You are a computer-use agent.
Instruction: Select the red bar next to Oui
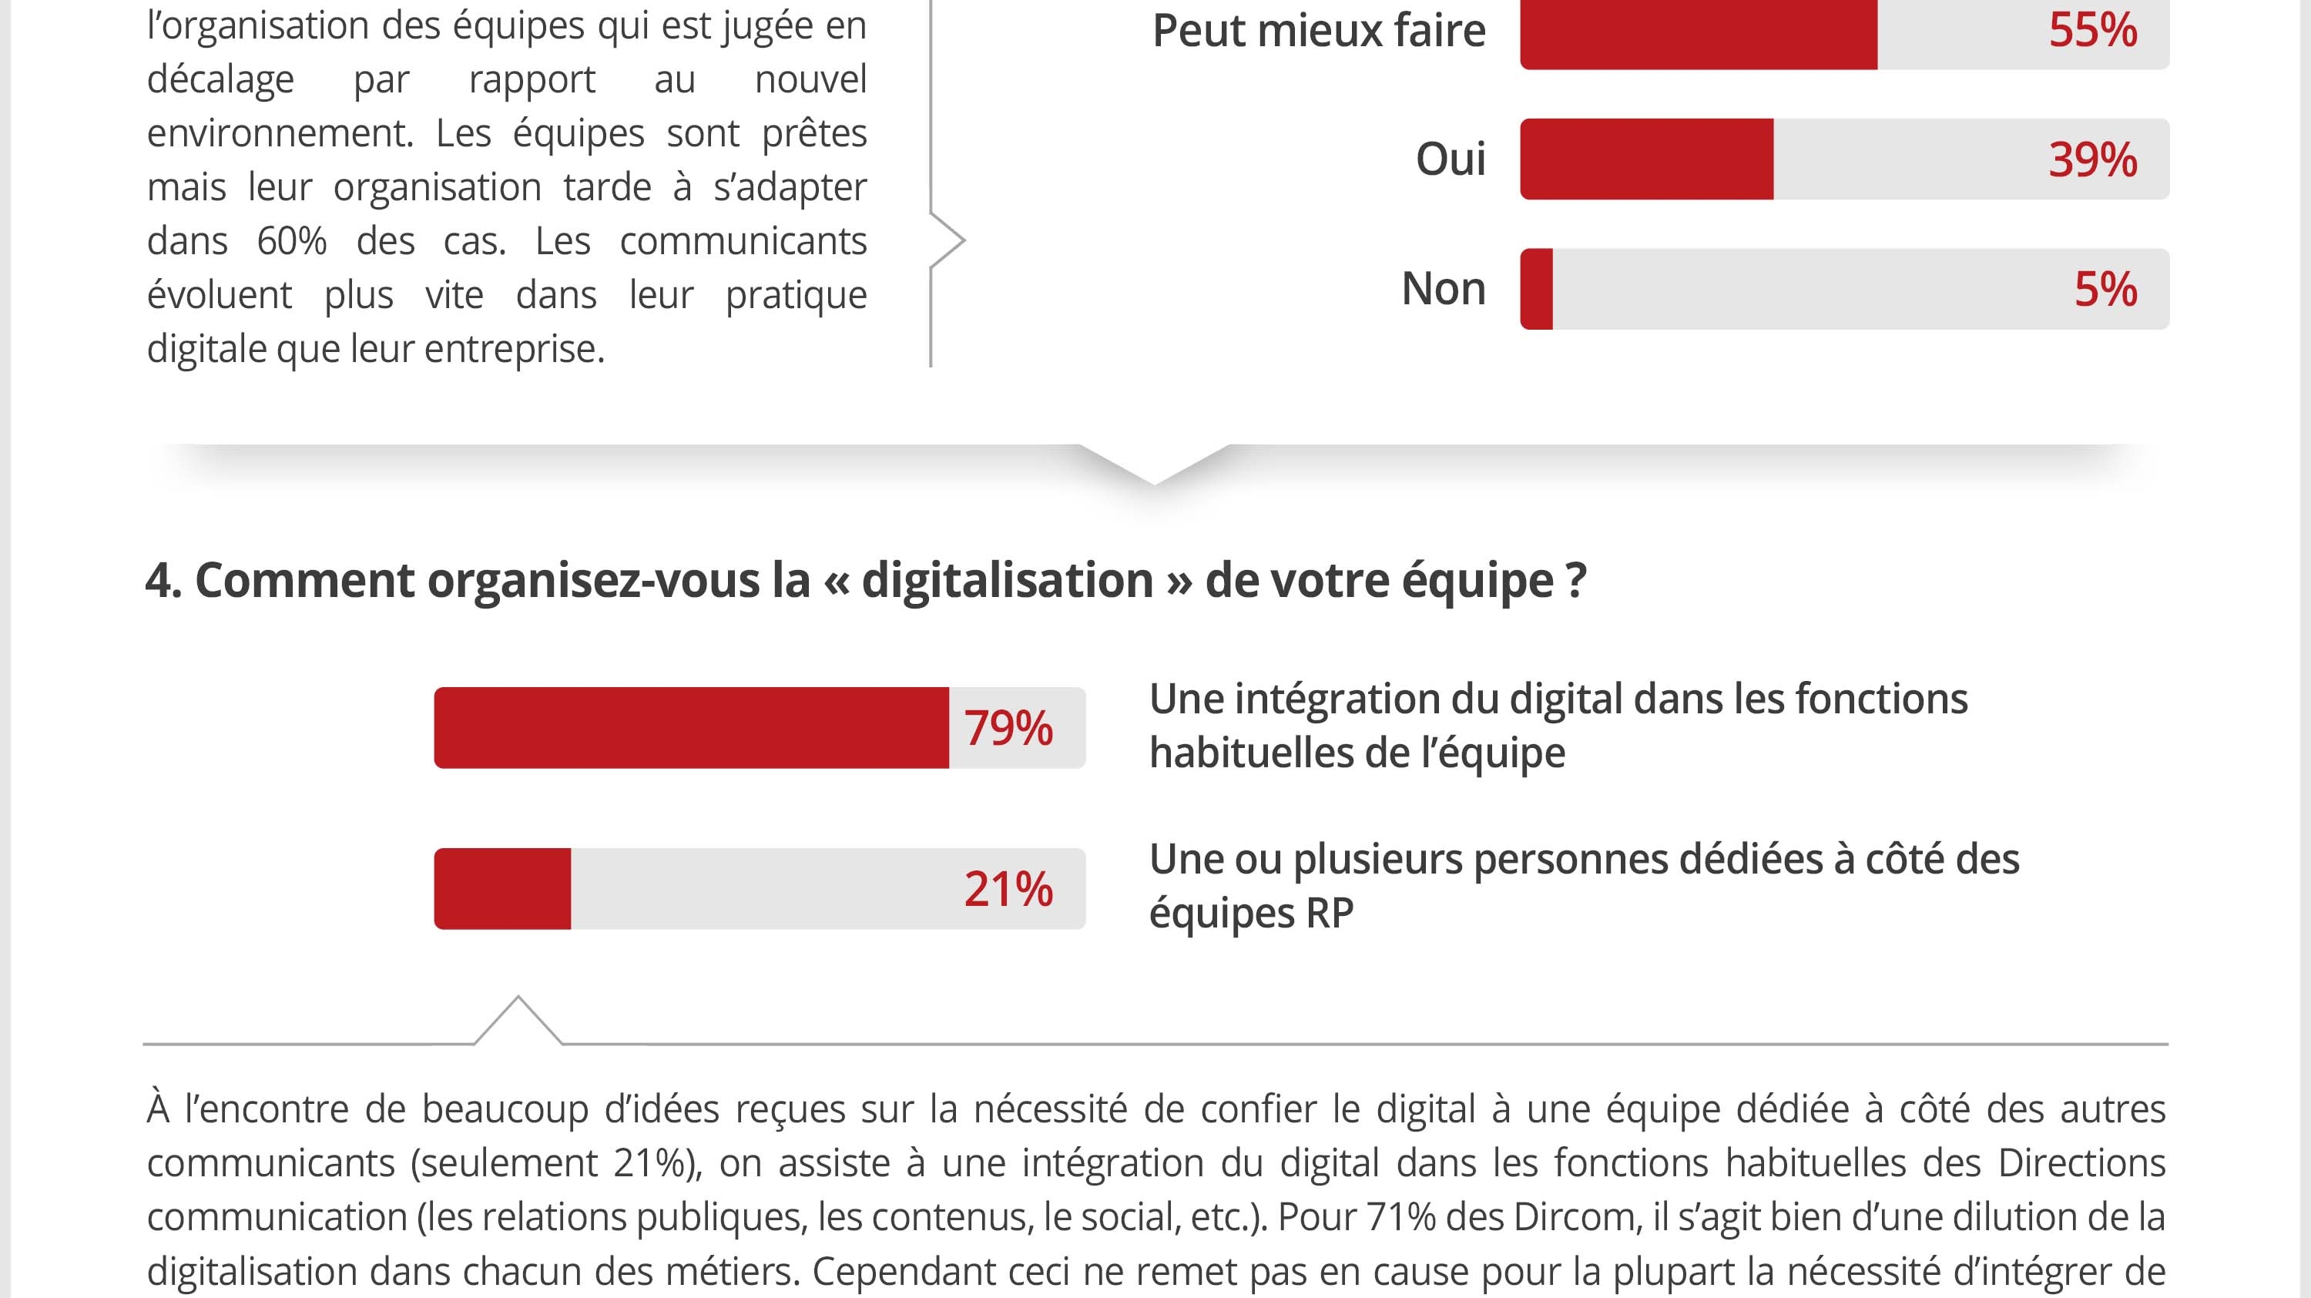(1646, 159)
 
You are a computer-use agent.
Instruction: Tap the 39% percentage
(2092, 159)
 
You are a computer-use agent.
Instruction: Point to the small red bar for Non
(1537, 289)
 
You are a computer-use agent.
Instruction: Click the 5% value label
(2105, 290)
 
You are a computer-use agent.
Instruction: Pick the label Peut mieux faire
(1318, 31)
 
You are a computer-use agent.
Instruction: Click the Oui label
(1450, 159)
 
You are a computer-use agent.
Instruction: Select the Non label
(1443, 289)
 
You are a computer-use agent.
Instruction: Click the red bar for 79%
(691, 727)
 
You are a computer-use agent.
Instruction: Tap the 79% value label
(1008, 727)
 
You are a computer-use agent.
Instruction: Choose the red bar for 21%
(502, 888)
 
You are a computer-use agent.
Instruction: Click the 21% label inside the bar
(1008, 889)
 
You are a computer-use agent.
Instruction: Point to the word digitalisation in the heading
(1007, 580)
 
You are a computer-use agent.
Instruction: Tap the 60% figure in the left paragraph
(290, 241)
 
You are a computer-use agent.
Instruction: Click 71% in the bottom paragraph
(1400, 1217)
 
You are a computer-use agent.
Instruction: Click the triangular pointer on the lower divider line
(518, 1021)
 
